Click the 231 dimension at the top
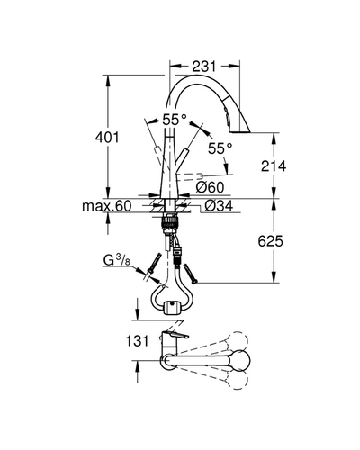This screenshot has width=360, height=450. (x=204, y=67)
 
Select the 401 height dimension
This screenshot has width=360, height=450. (x=107, y=138)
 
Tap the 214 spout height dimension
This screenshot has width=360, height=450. (x=274, y=166)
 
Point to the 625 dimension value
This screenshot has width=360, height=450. (x=270, y=241)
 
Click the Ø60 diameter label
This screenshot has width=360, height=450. (x=210, y=187)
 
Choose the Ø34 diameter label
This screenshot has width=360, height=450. (x=219, y=206)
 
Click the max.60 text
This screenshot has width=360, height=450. (x=107, y=206)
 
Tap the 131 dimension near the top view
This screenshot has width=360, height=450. (x=137, y=341)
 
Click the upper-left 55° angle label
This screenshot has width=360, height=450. (x=175, y=121)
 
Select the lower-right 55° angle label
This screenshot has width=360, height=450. (x=220, y=148)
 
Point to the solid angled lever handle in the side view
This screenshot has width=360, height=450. (x=182, y=159)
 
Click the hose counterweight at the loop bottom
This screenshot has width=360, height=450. (x=171, y=308)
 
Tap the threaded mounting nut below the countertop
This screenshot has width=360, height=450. (x=170, y=224)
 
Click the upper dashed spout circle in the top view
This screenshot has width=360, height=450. (x=238, y=341)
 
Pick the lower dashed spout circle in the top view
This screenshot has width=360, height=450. (x=238, y=380)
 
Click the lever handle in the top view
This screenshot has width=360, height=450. (x=175, y=335)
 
